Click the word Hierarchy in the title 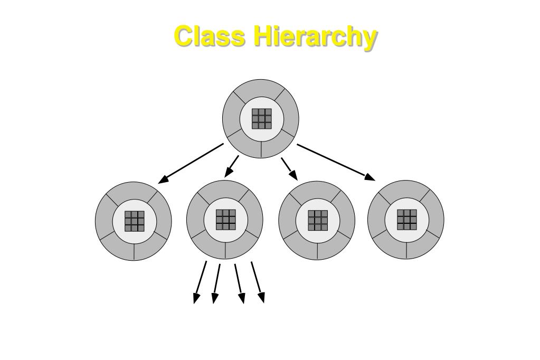[315, 37]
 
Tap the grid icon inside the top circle [261, 119]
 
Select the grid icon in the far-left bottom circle [134, 221]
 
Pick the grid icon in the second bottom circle [225, 220]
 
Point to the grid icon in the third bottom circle [317, 220]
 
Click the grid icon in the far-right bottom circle [406, 219]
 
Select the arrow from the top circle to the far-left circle [191, 163]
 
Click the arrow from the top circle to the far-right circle [336, 162]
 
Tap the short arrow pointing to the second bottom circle [231, 166]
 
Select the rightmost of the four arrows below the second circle [258, 283]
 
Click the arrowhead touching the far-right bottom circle [370, 177]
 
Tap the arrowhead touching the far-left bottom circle [164, 179]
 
